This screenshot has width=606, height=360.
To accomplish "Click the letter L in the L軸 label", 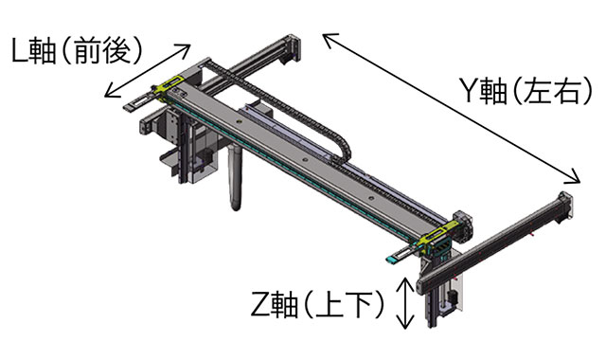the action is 19,50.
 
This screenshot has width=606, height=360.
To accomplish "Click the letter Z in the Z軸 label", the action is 260,304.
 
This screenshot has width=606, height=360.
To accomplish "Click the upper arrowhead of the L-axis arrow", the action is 185,48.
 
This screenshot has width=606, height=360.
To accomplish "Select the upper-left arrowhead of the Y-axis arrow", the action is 330,39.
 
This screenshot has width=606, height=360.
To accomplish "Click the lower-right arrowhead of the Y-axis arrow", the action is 573,177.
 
